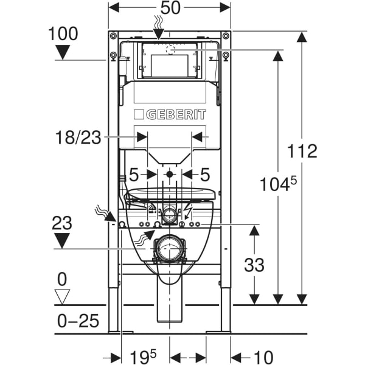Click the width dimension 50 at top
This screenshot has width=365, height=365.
[x=170, y=10]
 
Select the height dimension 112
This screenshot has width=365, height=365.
[x=302, y=151]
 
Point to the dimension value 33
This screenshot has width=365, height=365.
[x=254, y=265]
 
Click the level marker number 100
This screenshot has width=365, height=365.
[x=63, y=33]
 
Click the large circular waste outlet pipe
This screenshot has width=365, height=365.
[x=169, y=249]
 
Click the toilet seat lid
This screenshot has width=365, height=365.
[x=171, y=195]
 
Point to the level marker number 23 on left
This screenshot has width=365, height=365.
[x=63, y=223]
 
